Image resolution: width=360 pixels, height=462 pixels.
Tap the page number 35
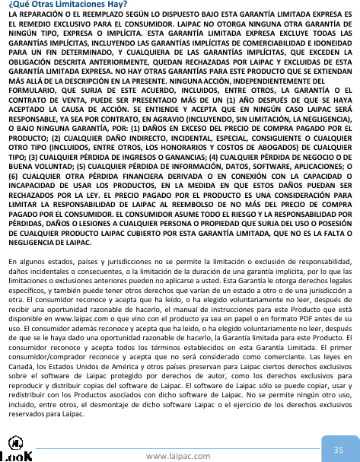coord(339,430)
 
